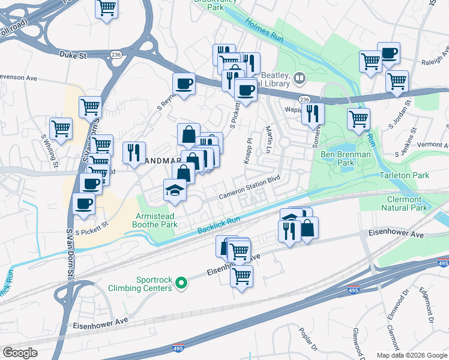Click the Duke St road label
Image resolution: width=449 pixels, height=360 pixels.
pos(73,54)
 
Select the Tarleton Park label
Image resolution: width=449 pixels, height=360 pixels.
pos(405,175)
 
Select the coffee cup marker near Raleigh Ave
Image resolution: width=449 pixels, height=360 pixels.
pos(388,53)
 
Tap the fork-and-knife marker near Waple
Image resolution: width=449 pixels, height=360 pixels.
pos(313,113)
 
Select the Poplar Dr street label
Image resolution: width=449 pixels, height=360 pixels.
pos(307,337)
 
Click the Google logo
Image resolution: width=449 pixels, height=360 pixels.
pos(20,353)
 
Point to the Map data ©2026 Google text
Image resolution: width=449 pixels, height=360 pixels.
pos(411,355)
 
